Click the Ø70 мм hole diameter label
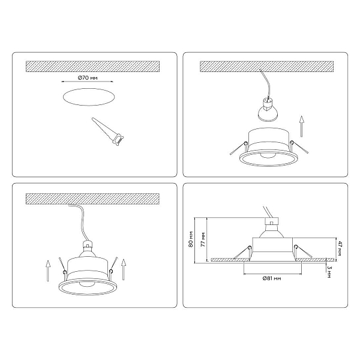pyautogui.click(x=88, y=78)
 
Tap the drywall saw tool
pyautogui.click(x=108, y=132)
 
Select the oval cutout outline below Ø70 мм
pyautogui.click(x=89, y=97)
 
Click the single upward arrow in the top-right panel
pyautogui.click(x=302, y=127)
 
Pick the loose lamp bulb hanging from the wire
pyautogui.click(x=267, y=110)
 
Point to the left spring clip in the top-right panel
pyautogui.click(x=238, y=148)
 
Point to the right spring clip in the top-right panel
pyautogui.click(x=299, y=147)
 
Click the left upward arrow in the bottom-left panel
pyautogui.click(x=48, y=271)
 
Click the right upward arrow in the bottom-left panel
pyautogui.click(x=124, y=269)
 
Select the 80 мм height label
pyautogui.click(x=191, y=239)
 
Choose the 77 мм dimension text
pyautogui.click(x=203, y=239)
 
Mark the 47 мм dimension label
pyautogui.click(x=340, y=248)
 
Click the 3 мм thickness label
pyautogui.click(x=329, y=272)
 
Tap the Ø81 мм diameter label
pyautogui.click(x=272, y=278)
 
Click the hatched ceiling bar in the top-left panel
pyautogui.click(x=92, y=67)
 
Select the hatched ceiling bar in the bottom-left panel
pyautogui.click(x=92, y=199)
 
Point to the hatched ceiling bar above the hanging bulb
pyautogui.click(x=266, y=67)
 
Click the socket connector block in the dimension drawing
pyautogui.click(x=271, y=221)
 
